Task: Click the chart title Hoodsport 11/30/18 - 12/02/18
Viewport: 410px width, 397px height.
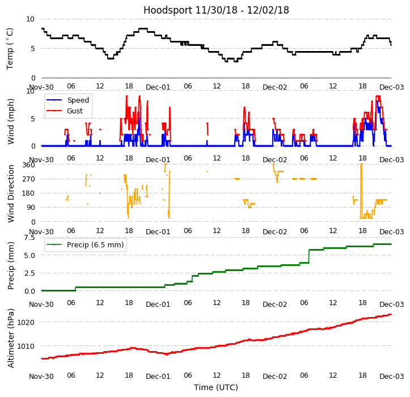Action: click(x=216, y=10)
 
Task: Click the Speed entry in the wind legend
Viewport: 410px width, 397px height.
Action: click(x=78, y=100)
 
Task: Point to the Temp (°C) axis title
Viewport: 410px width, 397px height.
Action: click(x=10, y=48)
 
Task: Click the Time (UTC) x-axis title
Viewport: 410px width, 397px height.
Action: click(x=216, y=387)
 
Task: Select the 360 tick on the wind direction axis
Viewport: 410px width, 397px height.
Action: click(x=29, y=165)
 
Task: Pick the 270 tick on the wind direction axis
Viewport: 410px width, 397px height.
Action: click(x=29, y=179)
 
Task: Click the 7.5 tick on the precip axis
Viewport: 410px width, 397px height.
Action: click(x=29, y=238)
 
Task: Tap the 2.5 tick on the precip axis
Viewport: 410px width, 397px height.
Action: click(x=29, y=273)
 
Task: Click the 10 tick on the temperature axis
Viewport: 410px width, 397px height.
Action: click(x=31, y=19)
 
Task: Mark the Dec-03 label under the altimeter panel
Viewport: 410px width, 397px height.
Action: click(x=391, y=376)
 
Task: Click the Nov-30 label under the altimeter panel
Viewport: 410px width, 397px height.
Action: click(x=41, y=376)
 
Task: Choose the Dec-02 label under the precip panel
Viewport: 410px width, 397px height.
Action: click(x=274, y=304)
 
